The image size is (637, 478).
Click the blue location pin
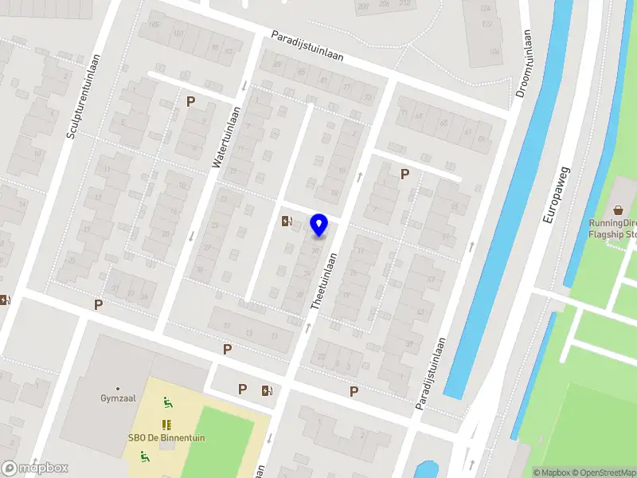[319, 225]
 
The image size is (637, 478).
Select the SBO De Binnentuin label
[158, 437]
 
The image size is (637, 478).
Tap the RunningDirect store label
[613, 229]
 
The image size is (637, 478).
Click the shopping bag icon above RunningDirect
[619, 210]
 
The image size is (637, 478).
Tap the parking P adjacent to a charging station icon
[243, 389]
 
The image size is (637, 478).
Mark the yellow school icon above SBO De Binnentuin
[166, 424]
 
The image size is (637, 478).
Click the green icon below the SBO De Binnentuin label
[144, 456]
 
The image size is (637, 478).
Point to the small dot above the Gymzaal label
[117, 388]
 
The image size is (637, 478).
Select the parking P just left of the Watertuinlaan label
[190, 101]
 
